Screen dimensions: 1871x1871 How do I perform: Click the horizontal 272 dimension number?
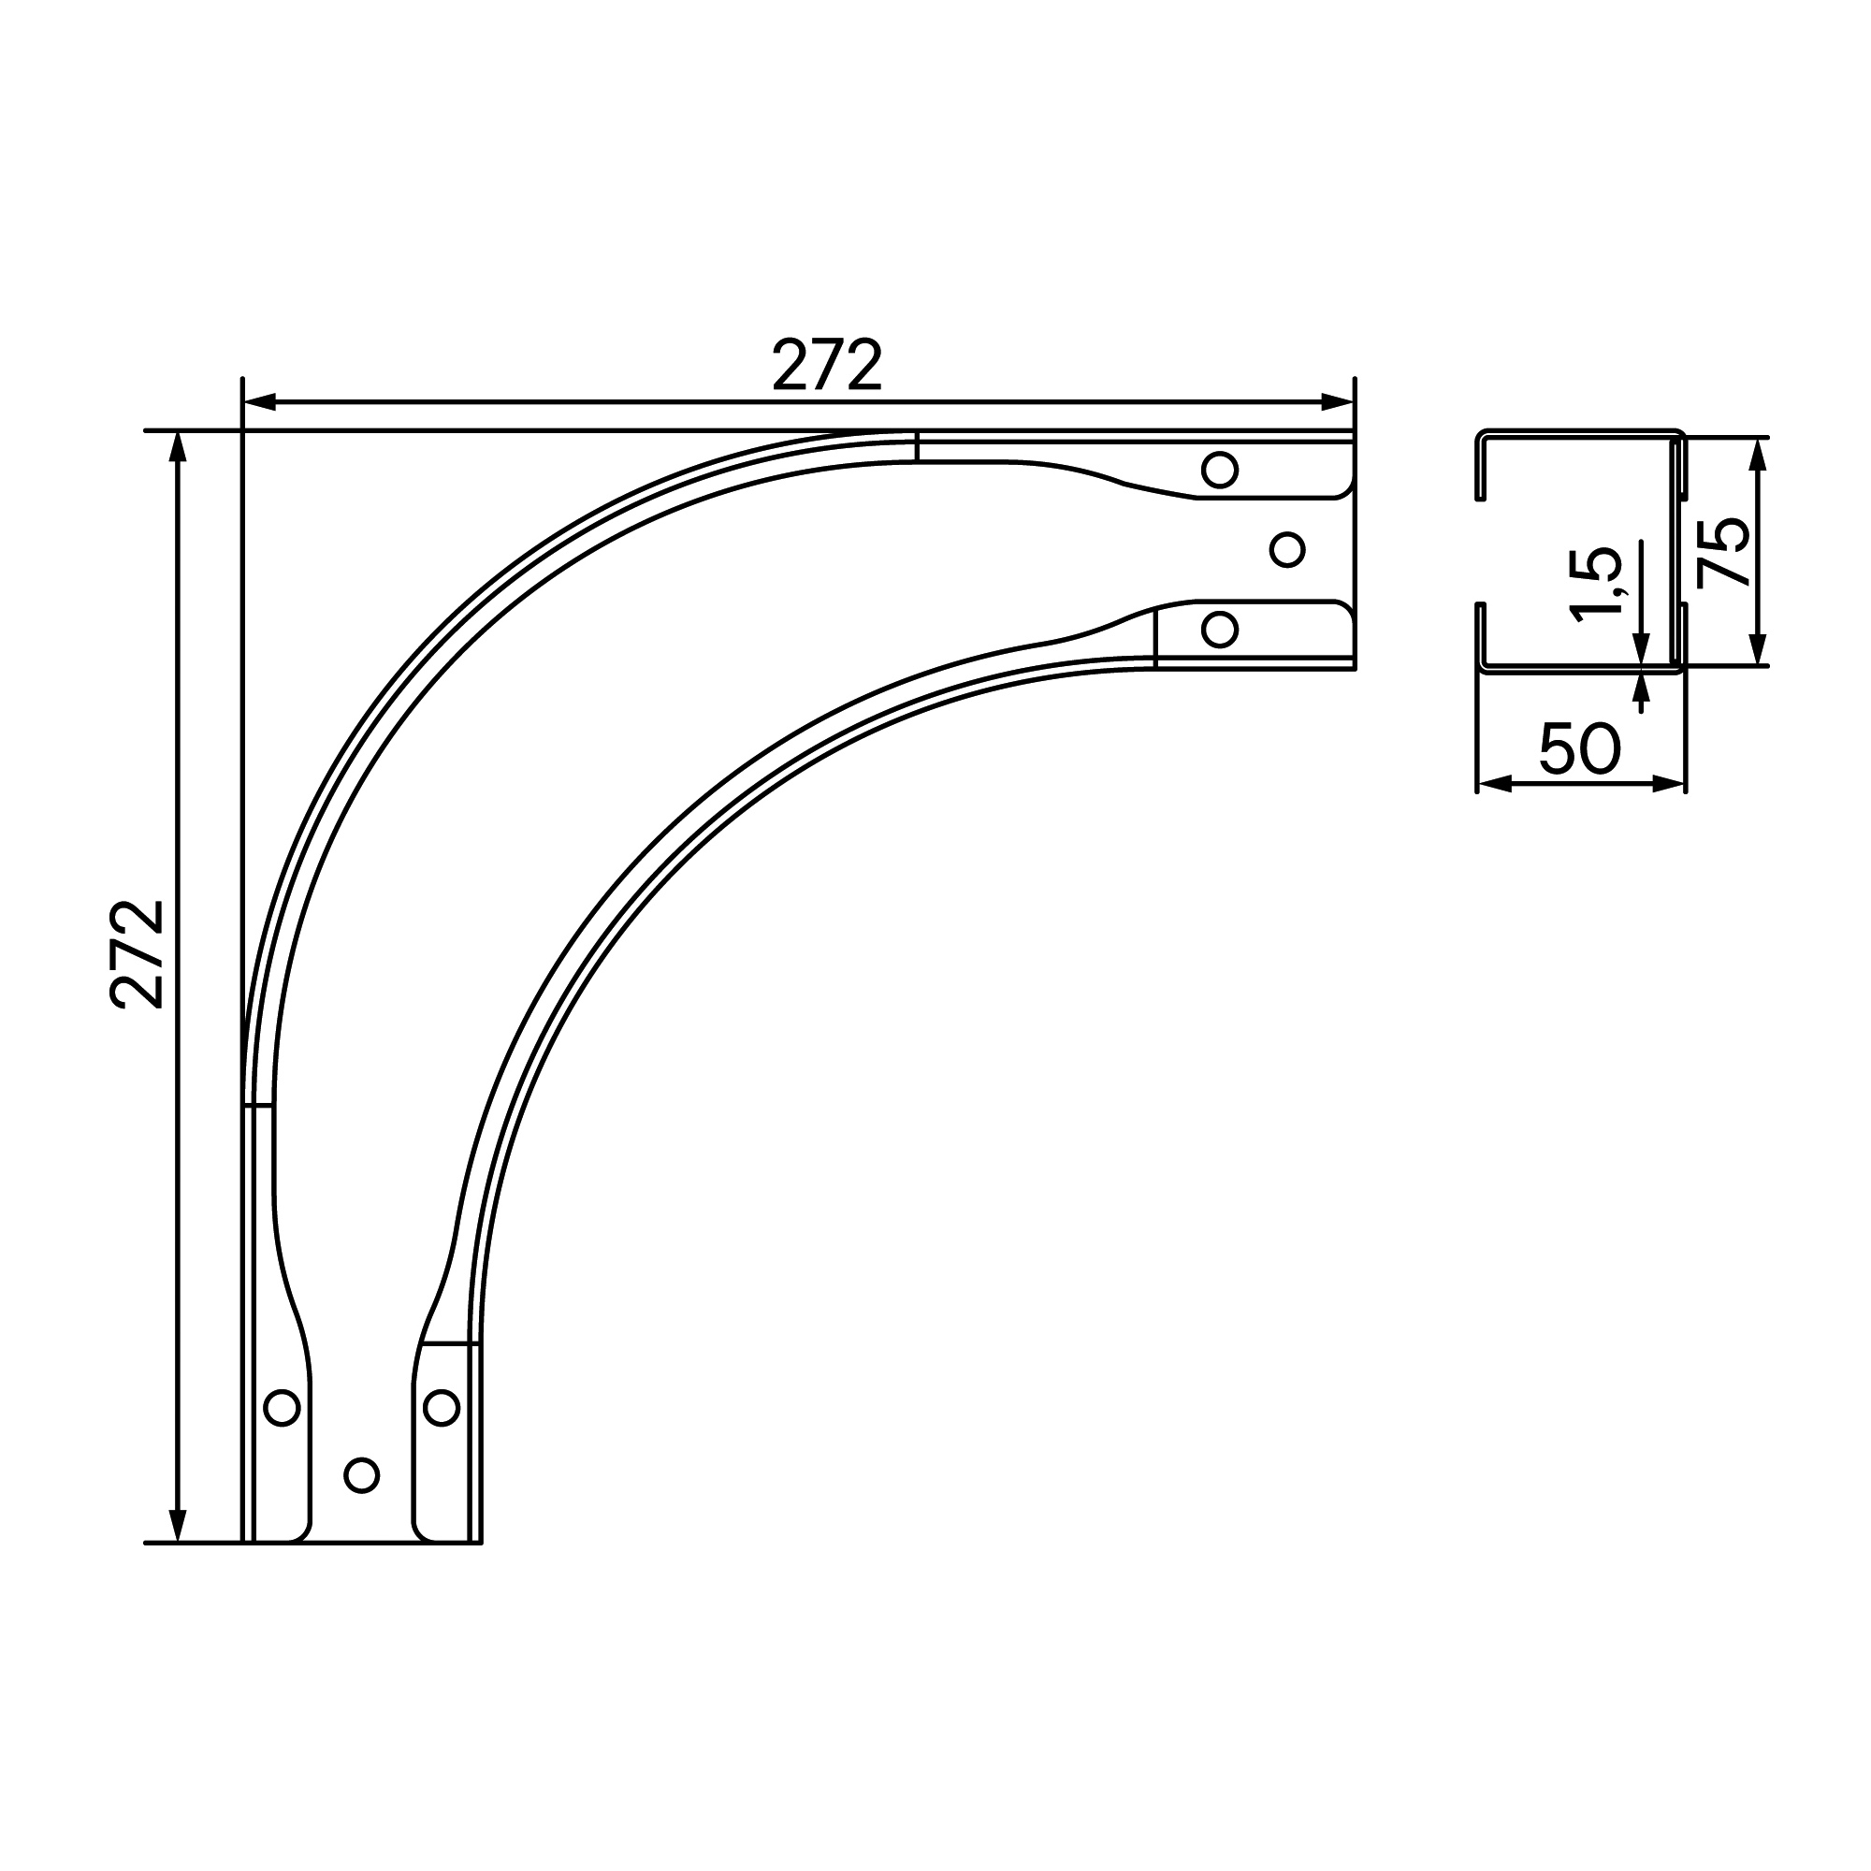click(x=827, y=364)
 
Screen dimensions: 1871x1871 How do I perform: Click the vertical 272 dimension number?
click(x=138, y=955)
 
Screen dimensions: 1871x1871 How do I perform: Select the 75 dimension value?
click(x=1724, y=552)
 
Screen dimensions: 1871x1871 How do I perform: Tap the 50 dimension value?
click(x=1579, y=748)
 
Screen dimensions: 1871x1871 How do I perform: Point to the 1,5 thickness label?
click(x=1595, y=585)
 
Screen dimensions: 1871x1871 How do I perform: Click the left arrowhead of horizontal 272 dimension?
click(x=260, y=402)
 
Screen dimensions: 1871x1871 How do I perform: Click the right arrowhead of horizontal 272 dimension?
click(x=1337, y=402)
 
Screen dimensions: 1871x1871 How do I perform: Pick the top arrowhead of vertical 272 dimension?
click(x=177, y=447)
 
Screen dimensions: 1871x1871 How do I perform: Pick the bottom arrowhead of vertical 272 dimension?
click(x=177, y=1525)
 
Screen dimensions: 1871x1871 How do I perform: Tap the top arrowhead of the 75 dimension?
click(x=1760, y=455)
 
